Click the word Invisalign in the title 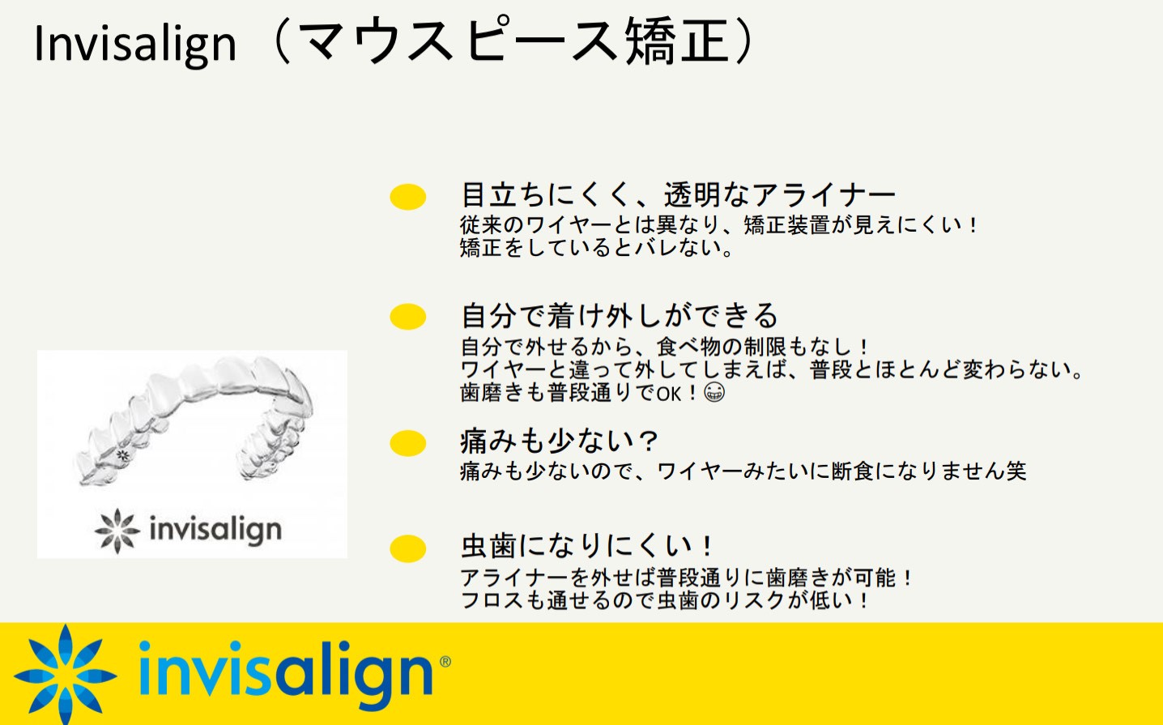135,44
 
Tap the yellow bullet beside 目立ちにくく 408,197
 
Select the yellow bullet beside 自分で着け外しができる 408,317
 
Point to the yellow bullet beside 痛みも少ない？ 408,444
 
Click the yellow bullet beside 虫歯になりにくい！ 408,549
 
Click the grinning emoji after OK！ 714,392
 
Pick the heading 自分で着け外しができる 620,316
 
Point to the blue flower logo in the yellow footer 65,674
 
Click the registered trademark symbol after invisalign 445,662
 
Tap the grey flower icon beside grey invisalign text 117,531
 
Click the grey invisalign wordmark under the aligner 216,531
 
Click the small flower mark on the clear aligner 122,455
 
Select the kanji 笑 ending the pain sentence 1016,471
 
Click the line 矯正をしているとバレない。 597,248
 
